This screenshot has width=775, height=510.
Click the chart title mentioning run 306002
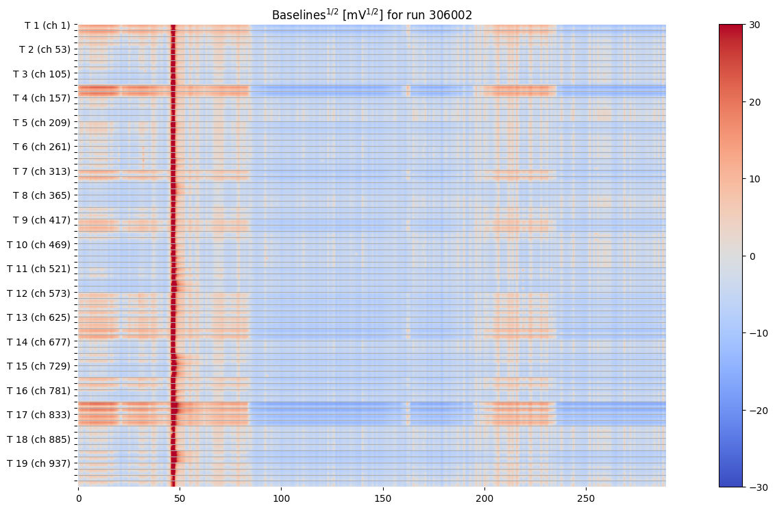pyautogui.click(x=371, y=14)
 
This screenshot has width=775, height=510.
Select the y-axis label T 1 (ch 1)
pyautogui.click(x=47, y=25)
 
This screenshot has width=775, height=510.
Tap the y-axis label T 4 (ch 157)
pyautogui.click(x=41, y=98)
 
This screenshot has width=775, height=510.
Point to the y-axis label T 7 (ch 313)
pyautogui.click(x=41, y=171)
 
